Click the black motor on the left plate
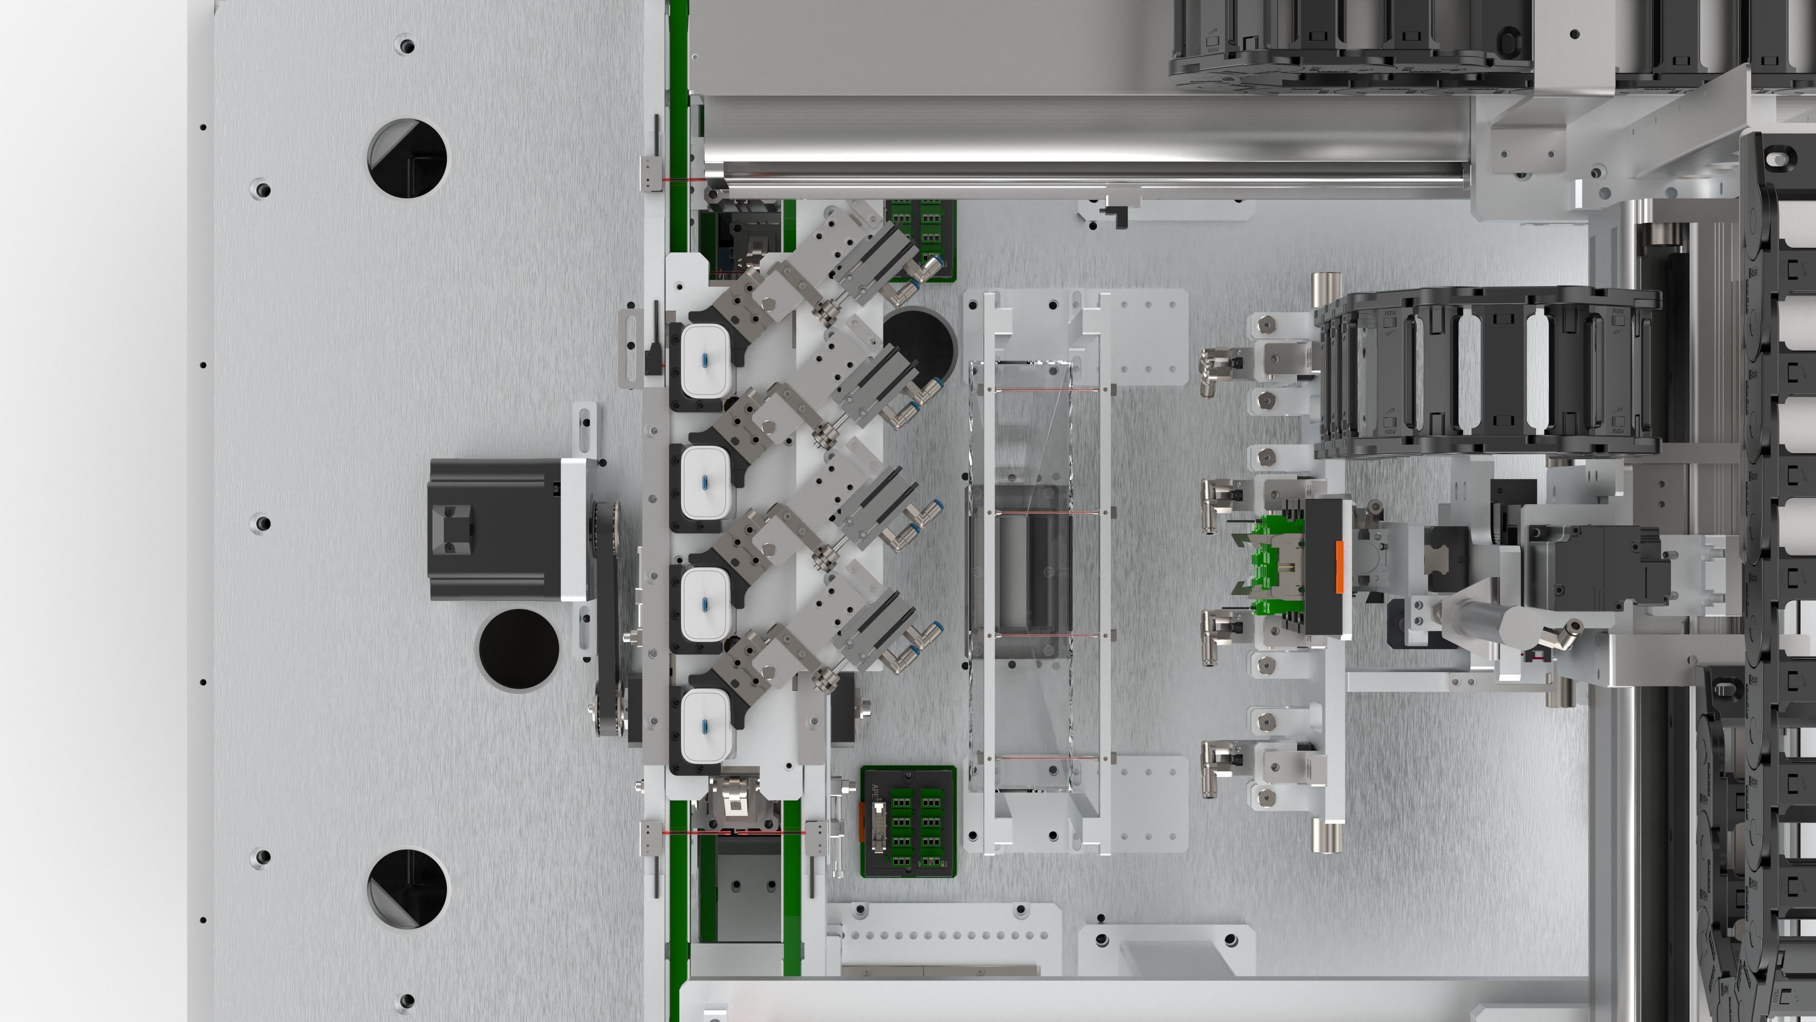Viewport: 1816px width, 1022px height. (x=493, y=529)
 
